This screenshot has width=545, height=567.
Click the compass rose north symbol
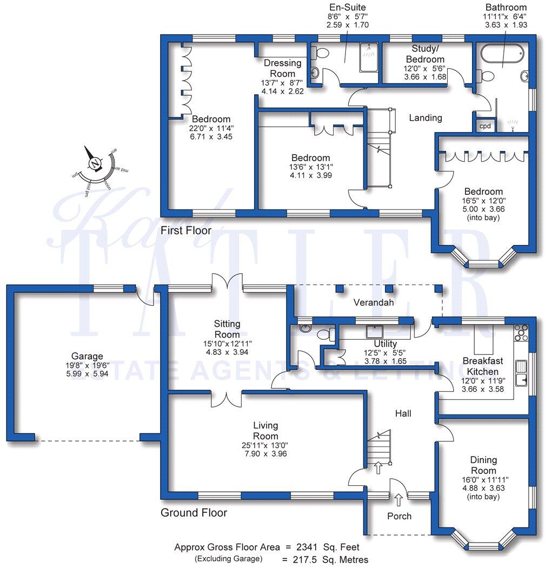[95, 162]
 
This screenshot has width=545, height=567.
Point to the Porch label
[399, 516]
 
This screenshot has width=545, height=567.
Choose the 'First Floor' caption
[186, 231]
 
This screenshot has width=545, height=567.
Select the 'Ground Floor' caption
[194, 512]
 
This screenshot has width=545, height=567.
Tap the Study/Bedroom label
[426, 55]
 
